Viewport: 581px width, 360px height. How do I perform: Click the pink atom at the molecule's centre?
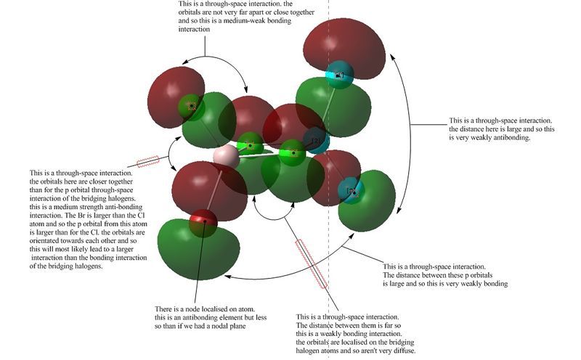coord(227,157)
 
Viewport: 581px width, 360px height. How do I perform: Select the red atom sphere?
coord(203,224)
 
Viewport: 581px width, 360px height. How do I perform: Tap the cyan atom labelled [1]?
coord(339,75)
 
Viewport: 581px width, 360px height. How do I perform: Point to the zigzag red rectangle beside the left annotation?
coord(148,161)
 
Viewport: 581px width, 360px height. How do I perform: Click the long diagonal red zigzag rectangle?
coord(312,263)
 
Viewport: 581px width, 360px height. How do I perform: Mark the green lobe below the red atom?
coord(198,249)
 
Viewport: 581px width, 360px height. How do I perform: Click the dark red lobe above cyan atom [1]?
coord(344,44)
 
